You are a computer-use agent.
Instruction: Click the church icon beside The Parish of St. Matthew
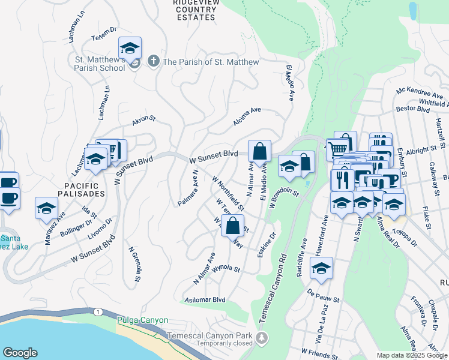coord(154,62)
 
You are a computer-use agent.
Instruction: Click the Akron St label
coord(144,121)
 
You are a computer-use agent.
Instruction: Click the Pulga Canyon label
coord(143,320)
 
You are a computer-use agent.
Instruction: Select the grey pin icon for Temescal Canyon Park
coord(261,338)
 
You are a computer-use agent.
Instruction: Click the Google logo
coord(20,353)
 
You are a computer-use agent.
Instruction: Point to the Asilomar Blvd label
coord(205,299)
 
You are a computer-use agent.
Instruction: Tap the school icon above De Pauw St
coord(321,269)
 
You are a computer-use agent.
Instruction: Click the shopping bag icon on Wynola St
coord(232,227)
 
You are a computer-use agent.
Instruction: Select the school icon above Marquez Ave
coord(46,208)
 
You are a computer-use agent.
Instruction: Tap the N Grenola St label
coord(135,264)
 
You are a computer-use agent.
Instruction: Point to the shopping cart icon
coord(339,148)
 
